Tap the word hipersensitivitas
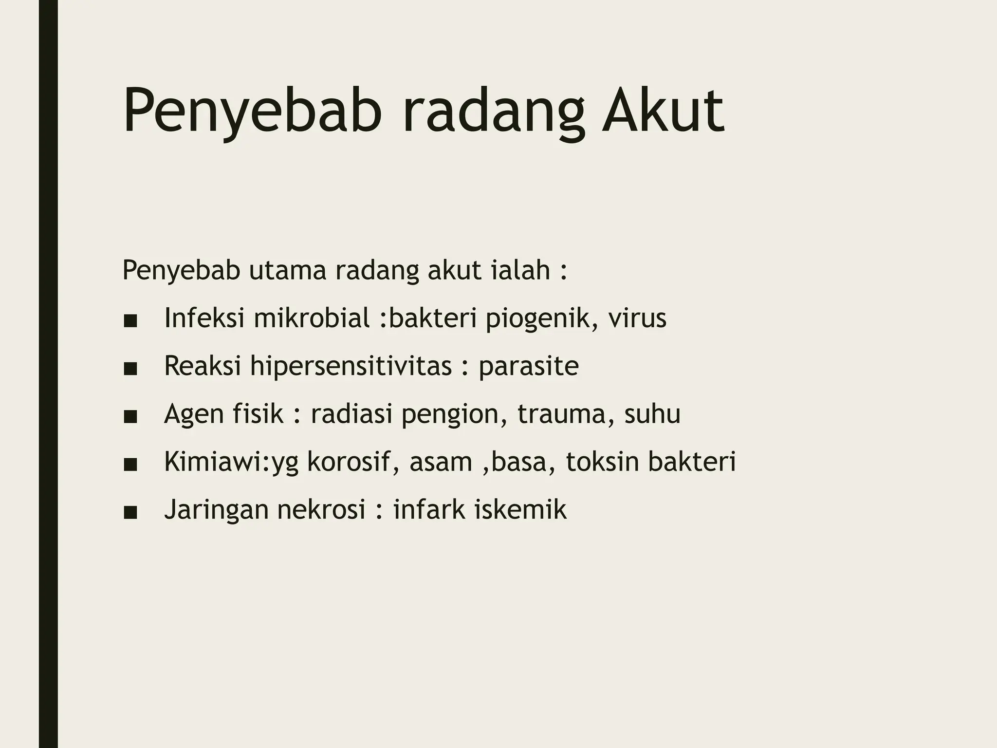pyautogui.click(x=351, y=366)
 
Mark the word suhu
pyautogui.click(x=652, y=414)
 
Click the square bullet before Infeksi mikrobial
pyautogui.click(x=130, y=321)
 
